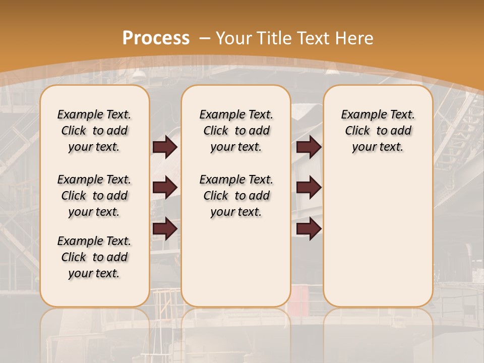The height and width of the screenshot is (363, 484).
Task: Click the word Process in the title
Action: (156, 38)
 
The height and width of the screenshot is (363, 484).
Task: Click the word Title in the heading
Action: (275, 38)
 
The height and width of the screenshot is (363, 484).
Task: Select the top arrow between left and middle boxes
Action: (165, 147)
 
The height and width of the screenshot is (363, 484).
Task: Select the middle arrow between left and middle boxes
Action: (165, 187)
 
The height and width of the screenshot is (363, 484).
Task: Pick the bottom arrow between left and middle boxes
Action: (165, 229)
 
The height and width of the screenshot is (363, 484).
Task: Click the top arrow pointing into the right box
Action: (309, 147)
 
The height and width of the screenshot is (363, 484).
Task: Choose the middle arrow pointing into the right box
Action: (309, 187)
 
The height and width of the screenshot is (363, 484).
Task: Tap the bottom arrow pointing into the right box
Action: (309, 229)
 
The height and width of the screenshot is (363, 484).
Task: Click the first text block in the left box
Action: (94, 131)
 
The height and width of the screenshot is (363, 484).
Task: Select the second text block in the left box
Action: (94, 196)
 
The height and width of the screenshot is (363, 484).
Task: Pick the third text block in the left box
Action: (94, 257)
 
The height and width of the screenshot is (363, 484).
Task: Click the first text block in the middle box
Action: (236, 131)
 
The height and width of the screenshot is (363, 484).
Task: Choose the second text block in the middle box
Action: (236, 196)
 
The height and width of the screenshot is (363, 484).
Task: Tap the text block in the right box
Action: (378, 131)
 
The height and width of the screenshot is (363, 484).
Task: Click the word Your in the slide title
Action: (233, 38)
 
